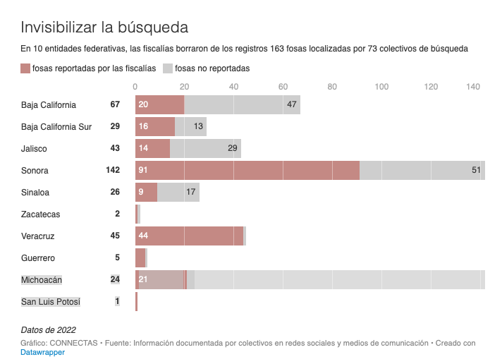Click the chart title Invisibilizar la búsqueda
point(104,28)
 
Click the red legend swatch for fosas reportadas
point(26,68)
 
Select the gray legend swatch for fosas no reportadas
point(168,68)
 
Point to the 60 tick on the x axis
point(283,87)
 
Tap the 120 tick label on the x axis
point(431,87)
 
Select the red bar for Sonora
point(247,170)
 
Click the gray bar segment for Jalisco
point(206,149)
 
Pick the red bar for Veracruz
point(189,236)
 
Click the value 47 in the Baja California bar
point(292,105)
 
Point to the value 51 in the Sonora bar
point(476,170)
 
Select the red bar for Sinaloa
point(146,193)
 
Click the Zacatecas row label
point(40,214)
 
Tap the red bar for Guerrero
point(140,258)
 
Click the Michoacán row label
point(42,280)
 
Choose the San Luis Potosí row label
point(51,302)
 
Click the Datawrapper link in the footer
point(42,352)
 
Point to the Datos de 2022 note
point(48,329)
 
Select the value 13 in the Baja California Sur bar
point(199,127)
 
